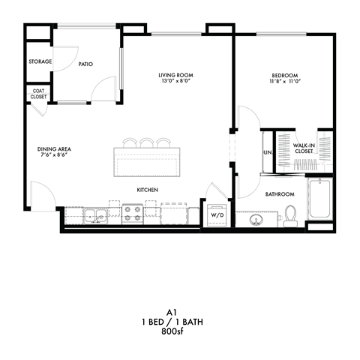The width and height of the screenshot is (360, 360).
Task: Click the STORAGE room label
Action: [x=40, y=61]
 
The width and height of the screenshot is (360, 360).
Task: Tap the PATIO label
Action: [x=85, y=64]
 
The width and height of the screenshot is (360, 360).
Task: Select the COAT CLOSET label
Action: [x=38, y=94]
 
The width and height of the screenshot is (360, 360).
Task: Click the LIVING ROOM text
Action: [x=177, y=75]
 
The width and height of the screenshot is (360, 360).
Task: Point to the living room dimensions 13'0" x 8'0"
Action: [x=177, y=82]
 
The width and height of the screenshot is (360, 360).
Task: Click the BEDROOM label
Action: [x=285, y=75]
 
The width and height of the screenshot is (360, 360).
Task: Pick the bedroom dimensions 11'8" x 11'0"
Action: [x=285, y=82]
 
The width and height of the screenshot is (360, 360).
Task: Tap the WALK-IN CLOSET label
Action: [x=304, y=148]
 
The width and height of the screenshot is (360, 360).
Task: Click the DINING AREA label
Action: [x=54, y=149]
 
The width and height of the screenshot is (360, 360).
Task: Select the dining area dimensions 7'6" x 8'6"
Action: [x=54, y=156]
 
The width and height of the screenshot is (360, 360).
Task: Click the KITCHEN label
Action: [x=147, y=190]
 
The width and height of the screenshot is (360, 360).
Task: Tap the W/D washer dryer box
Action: [x=217, y=215]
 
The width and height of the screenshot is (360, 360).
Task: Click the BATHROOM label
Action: [x=280, y=194]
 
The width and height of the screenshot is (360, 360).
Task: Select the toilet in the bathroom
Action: [x=292, y=216]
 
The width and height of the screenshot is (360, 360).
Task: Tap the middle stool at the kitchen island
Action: [x=147, y=142]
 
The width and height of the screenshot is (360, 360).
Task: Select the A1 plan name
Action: [x=180, y=313]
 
